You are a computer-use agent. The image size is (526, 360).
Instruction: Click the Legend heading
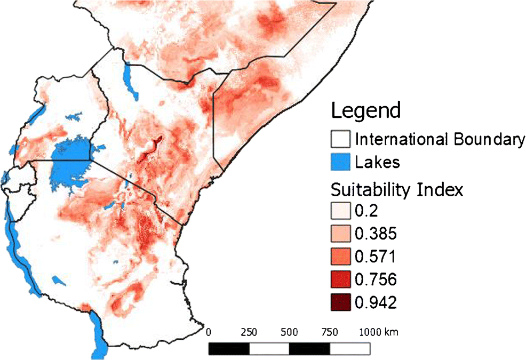coord(365,111)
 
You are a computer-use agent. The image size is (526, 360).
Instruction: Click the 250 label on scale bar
coord(249,332)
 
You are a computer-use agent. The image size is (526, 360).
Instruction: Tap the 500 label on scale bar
coord(289,332)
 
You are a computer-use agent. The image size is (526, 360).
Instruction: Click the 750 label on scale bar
coord(329,332)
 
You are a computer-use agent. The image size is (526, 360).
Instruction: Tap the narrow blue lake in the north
coord(129,80)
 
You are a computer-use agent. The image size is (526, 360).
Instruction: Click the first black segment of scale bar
coord(229,349)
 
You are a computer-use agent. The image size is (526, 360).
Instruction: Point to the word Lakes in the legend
coord(378,162)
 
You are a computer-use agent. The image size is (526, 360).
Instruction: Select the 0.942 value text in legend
coord(376,302)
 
